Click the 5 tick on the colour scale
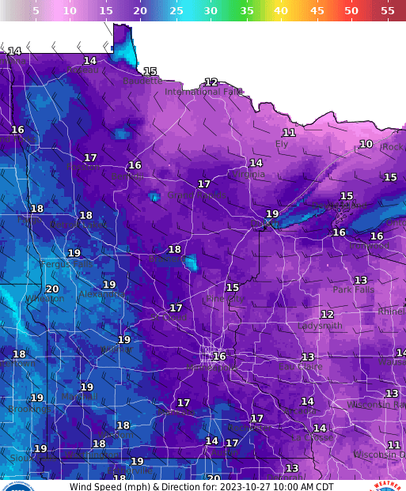tap(36, 10)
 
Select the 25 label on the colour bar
tap(176, 10)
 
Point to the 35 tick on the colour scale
tap(246, 10)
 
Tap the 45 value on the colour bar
tap(317, 10)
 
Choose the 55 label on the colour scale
tap(387, 10)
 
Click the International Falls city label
tap(203, 92)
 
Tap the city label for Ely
tap(282, 144)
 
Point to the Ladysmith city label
tap(320, 326)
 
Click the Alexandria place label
tap(104, 294)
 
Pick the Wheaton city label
tap(45, 299)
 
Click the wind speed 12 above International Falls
tap(211, 82)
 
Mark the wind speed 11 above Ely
tap(289, 133)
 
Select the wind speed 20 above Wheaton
tap(52, 289)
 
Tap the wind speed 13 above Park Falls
tap(361, 281)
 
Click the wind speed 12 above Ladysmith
tap(327, 315)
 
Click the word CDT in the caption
tap(322, 486)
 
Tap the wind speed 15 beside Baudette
tap(150, 72)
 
